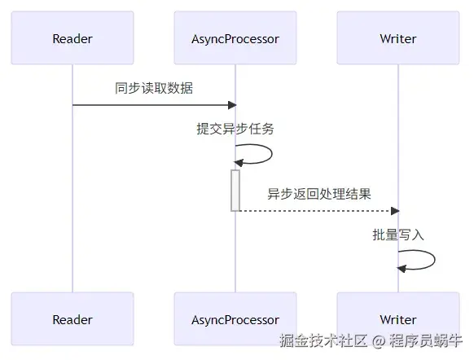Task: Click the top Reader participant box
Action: click(72, 38)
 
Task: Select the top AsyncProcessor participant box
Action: click(235, 38)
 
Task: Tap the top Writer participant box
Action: click(398, 38)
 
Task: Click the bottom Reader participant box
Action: click(72, 319)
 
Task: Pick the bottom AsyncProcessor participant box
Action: click(235, 319)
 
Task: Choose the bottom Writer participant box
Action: click(398, 319)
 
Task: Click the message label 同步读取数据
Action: click(154, 88)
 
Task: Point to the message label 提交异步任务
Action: click(235, 129)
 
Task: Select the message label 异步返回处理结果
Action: click(318, 194)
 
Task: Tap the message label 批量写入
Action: click(398, 235)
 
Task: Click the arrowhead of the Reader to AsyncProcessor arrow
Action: click(231, 105)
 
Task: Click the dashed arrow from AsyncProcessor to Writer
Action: click(318, 211)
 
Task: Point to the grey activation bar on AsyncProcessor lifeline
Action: click(235, 190)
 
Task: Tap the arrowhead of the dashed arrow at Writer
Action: click(394, 211)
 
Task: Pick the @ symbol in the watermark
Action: click(380, 340)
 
